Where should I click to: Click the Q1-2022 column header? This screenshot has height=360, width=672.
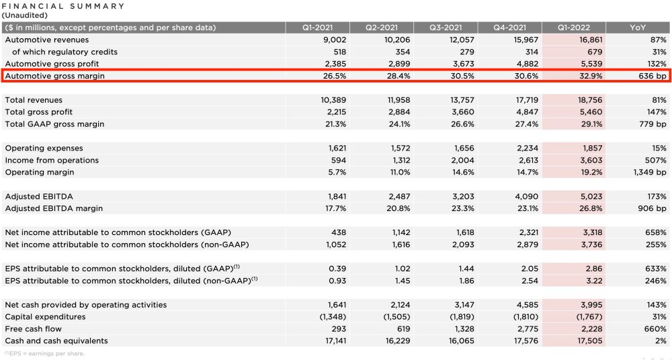(573, 28)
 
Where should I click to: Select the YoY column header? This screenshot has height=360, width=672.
(638, 28)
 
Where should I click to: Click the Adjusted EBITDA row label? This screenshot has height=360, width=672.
(39, 197)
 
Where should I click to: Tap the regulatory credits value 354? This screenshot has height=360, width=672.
(402, 52)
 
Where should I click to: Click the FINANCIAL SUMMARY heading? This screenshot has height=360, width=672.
(64, 6)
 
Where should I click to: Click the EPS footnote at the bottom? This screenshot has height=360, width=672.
(44, 353)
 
